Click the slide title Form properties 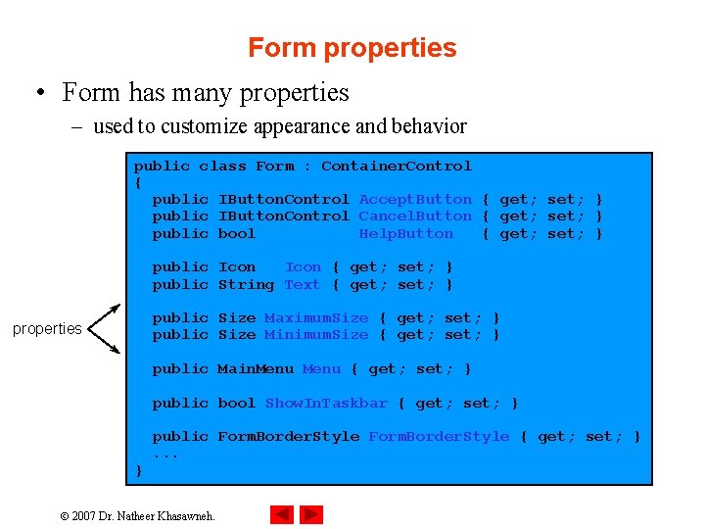click(352, 48)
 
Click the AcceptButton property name click(415, 200)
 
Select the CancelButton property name click(415, 216)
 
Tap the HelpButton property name click(405, 234)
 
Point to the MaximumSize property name click(316, 318)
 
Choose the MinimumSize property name click(316, 335)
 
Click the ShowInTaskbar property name click(326, 404)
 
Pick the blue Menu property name click(321, 369)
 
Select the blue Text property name click(302, 285)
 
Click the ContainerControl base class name click(397, 167)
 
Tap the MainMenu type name click(255, 369)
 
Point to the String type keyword click(246, 285)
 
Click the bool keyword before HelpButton click(236, 234)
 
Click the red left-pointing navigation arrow click(282, 513)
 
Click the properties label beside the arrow click(47, 329)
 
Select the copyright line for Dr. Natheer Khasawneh click(137, 514)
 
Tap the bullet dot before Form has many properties click(40, 94)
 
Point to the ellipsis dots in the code click(166, 455)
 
